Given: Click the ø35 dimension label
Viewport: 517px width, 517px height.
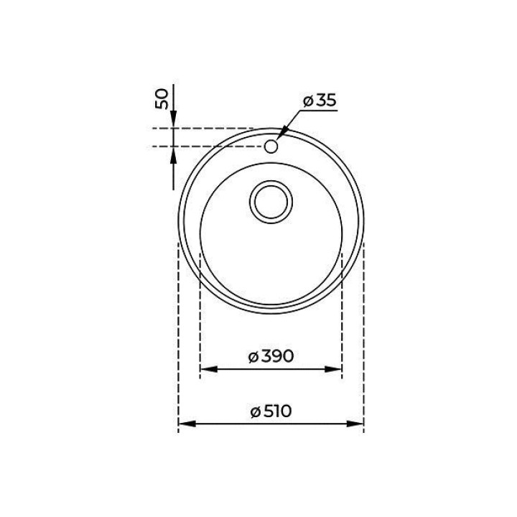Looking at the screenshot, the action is [x=320, y=101].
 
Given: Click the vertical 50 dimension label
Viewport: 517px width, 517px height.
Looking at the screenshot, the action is [x=162, y=99].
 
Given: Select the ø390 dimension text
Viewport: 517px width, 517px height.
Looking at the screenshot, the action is [x=271, y=356].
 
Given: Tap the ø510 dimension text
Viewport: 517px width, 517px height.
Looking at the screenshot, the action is [x=271, y=411].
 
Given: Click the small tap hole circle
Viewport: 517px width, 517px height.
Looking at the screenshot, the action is [x=271, y=146].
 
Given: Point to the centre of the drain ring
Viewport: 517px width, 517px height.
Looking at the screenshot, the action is [x=271, y=202].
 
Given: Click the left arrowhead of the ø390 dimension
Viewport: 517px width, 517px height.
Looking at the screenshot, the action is [x=209, y=369].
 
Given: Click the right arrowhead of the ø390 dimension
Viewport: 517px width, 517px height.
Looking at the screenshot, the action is [x=333, y=369].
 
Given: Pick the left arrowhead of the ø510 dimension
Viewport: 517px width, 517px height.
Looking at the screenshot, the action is [x=187, y=424].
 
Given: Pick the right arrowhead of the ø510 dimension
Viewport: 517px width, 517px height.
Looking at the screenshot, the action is [x=355, y=424].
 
